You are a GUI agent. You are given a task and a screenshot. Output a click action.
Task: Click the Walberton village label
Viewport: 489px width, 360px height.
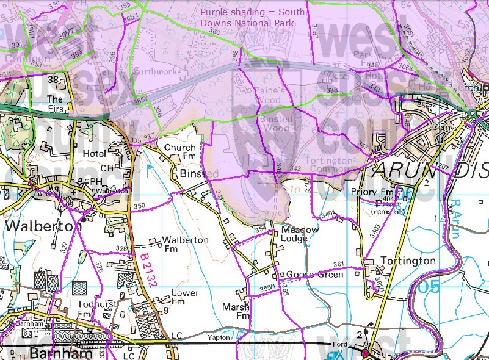(43, 226)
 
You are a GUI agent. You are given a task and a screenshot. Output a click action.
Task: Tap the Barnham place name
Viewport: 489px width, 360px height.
(53, 353)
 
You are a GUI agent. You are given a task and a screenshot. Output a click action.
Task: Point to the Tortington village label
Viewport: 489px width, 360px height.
(408, 261)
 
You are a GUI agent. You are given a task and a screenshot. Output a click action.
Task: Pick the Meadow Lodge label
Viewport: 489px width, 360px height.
(300, 234)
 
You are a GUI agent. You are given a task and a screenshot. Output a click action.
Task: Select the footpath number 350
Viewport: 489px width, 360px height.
(139, 207)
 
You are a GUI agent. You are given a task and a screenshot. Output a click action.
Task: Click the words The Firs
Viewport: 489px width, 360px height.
(55, 103)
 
